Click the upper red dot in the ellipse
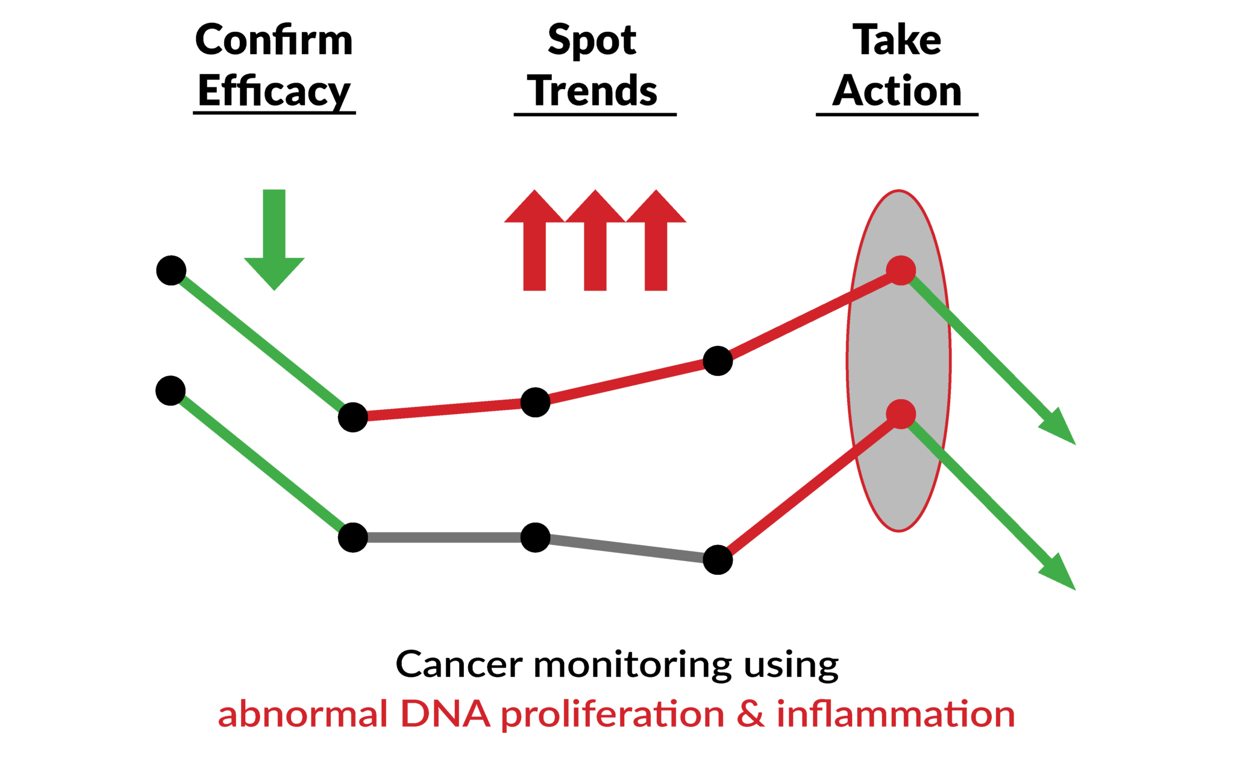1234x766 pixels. coord(901,270)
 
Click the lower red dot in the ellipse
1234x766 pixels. coord(901,414)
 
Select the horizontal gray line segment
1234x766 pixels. coord(444,538)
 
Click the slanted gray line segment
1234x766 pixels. coord(627,548)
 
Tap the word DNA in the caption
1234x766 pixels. coord(445,715)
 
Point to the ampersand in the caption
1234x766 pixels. coord(751,715)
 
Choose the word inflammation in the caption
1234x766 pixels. coord(896,715)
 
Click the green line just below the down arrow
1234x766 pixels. coord(262,344)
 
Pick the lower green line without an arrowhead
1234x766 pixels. coord(262,463)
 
